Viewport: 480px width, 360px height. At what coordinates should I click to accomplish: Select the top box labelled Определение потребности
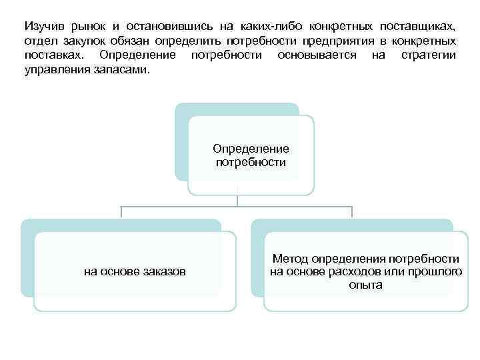(x=250, y=155)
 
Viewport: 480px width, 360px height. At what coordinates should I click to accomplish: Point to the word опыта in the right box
(x=365, y=285)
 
